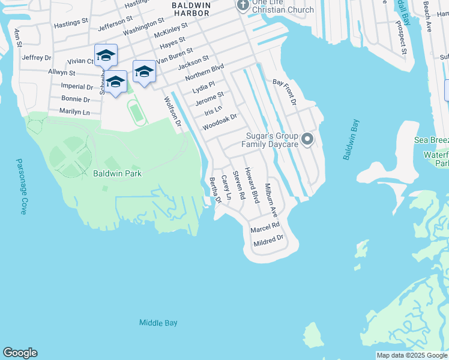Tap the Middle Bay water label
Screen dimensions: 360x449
(158, 323)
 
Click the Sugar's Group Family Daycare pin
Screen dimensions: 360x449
(307, 140)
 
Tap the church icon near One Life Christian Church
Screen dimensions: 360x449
(243, 6)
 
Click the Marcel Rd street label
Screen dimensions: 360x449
(265, 226)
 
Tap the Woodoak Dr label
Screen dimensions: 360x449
(220, 122)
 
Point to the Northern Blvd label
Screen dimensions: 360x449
(204, 72)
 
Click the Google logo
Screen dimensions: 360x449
(20, 353)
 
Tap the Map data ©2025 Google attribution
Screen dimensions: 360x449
(411, 355)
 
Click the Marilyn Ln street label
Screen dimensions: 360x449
(74, 112)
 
